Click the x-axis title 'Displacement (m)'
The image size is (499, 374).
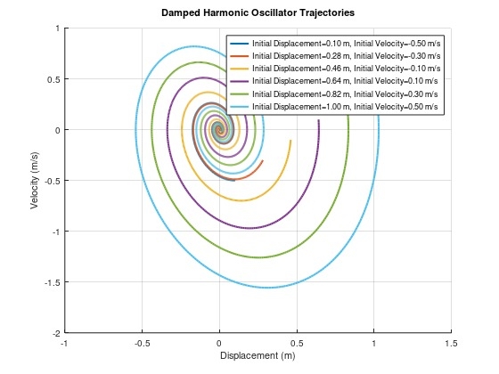click(257, 355)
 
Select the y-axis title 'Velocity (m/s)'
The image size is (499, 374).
click(35, 180)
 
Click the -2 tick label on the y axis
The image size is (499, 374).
click(54, 333)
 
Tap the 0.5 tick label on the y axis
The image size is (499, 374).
click(52, 79)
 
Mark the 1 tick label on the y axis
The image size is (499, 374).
click(56, 28)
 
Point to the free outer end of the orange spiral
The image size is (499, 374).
click(263, 160)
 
